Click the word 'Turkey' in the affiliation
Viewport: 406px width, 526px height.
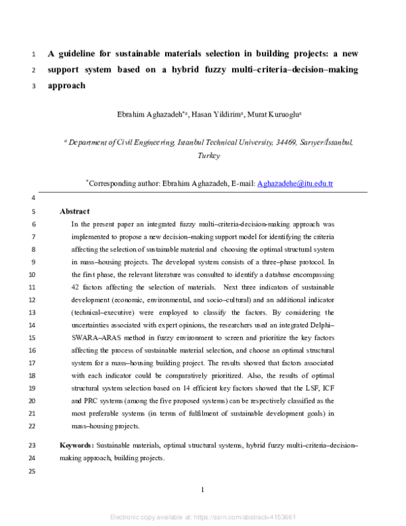tap(208, 155)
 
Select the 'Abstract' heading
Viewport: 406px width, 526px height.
tap(74, 211)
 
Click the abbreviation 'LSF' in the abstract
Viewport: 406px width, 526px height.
tap(307, 388)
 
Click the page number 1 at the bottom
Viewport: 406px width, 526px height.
tap(203, 489)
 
